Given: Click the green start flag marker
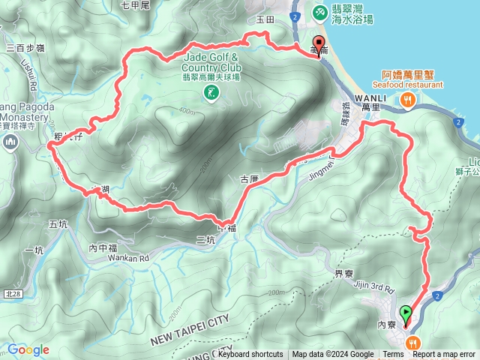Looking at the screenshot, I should click(x=406, y=314).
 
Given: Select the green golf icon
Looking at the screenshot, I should click(x=211, y=92).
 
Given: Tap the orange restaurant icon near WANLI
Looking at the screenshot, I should click(x=408, y=99).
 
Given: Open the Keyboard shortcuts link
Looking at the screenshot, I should click(x=250, y=355).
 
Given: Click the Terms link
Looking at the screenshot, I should click(x=393, y=355).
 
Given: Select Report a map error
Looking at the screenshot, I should click(x=444, y=355).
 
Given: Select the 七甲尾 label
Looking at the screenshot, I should click(x=136, y=6).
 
